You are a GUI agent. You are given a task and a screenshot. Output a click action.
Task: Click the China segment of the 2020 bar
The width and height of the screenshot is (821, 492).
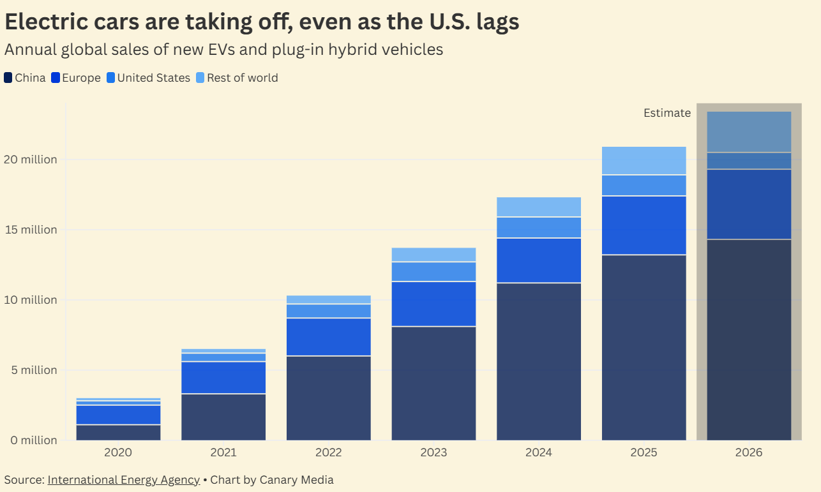(x=118, y=433)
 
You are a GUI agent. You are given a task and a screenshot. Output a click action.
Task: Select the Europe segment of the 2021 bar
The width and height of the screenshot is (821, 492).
(x=223, y=378)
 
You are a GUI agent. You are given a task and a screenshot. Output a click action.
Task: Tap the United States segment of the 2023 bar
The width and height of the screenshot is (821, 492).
(x=433, y=271)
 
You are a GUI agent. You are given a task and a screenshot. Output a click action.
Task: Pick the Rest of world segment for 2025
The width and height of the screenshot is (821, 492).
(x=644, y=160)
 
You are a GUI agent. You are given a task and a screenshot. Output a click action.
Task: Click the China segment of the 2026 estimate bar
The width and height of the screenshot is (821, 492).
(x=749, y=340)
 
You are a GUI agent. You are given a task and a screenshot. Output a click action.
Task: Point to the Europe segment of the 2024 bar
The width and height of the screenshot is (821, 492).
(x=539, y=260)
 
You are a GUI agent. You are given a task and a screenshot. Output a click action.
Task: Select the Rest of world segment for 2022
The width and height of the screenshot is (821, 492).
(x=328, y=300)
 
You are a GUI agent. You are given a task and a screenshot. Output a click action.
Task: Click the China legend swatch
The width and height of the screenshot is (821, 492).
(x=8, y=78)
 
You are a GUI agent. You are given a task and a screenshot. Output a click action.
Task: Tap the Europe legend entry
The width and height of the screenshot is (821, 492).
(x=76, y=78)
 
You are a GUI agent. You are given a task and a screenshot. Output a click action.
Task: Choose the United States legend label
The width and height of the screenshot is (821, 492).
(x=154, y=78)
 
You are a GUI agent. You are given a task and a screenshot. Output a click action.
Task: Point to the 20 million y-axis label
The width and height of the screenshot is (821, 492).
(x=31, y=160)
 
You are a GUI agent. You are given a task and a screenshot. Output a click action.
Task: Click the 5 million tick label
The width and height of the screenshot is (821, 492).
(x=34, y=370)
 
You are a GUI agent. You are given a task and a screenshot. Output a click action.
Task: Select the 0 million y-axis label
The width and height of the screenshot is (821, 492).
(x=34, y=440)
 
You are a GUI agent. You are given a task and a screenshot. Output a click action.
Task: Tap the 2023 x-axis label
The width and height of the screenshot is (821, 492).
(x=433, y=452)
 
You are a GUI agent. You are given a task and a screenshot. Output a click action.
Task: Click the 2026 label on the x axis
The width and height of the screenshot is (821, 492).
(x=749, y=452)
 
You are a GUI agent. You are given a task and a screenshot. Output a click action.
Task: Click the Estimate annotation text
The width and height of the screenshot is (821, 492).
(x=667, y=113)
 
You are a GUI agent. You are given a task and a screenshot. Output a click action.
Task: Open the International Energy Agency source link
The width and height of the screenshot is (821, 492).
(x=123, y=479)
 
